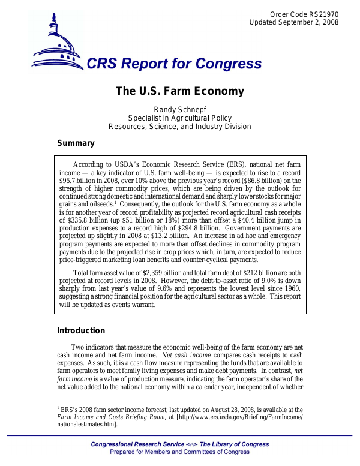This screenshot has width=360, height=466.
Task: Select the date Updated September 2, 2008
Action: (x=293, y=22)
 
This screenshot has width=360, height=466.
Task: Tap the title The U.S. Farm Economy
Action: (x=179, y=91)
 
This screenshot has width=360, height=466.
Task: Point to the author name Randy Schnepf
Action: (x=179, y=109)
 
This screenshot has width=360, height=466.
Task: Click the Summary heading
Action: (x=76, y=143)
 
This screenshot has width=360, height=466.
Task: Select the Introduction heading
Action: (x=80, y=330)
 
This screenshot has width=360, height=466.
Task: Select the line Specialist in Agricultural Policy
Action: (x=179, y=118)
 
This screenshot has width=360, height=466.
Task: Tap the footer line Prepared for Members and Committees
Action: (x=180, y=452)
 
